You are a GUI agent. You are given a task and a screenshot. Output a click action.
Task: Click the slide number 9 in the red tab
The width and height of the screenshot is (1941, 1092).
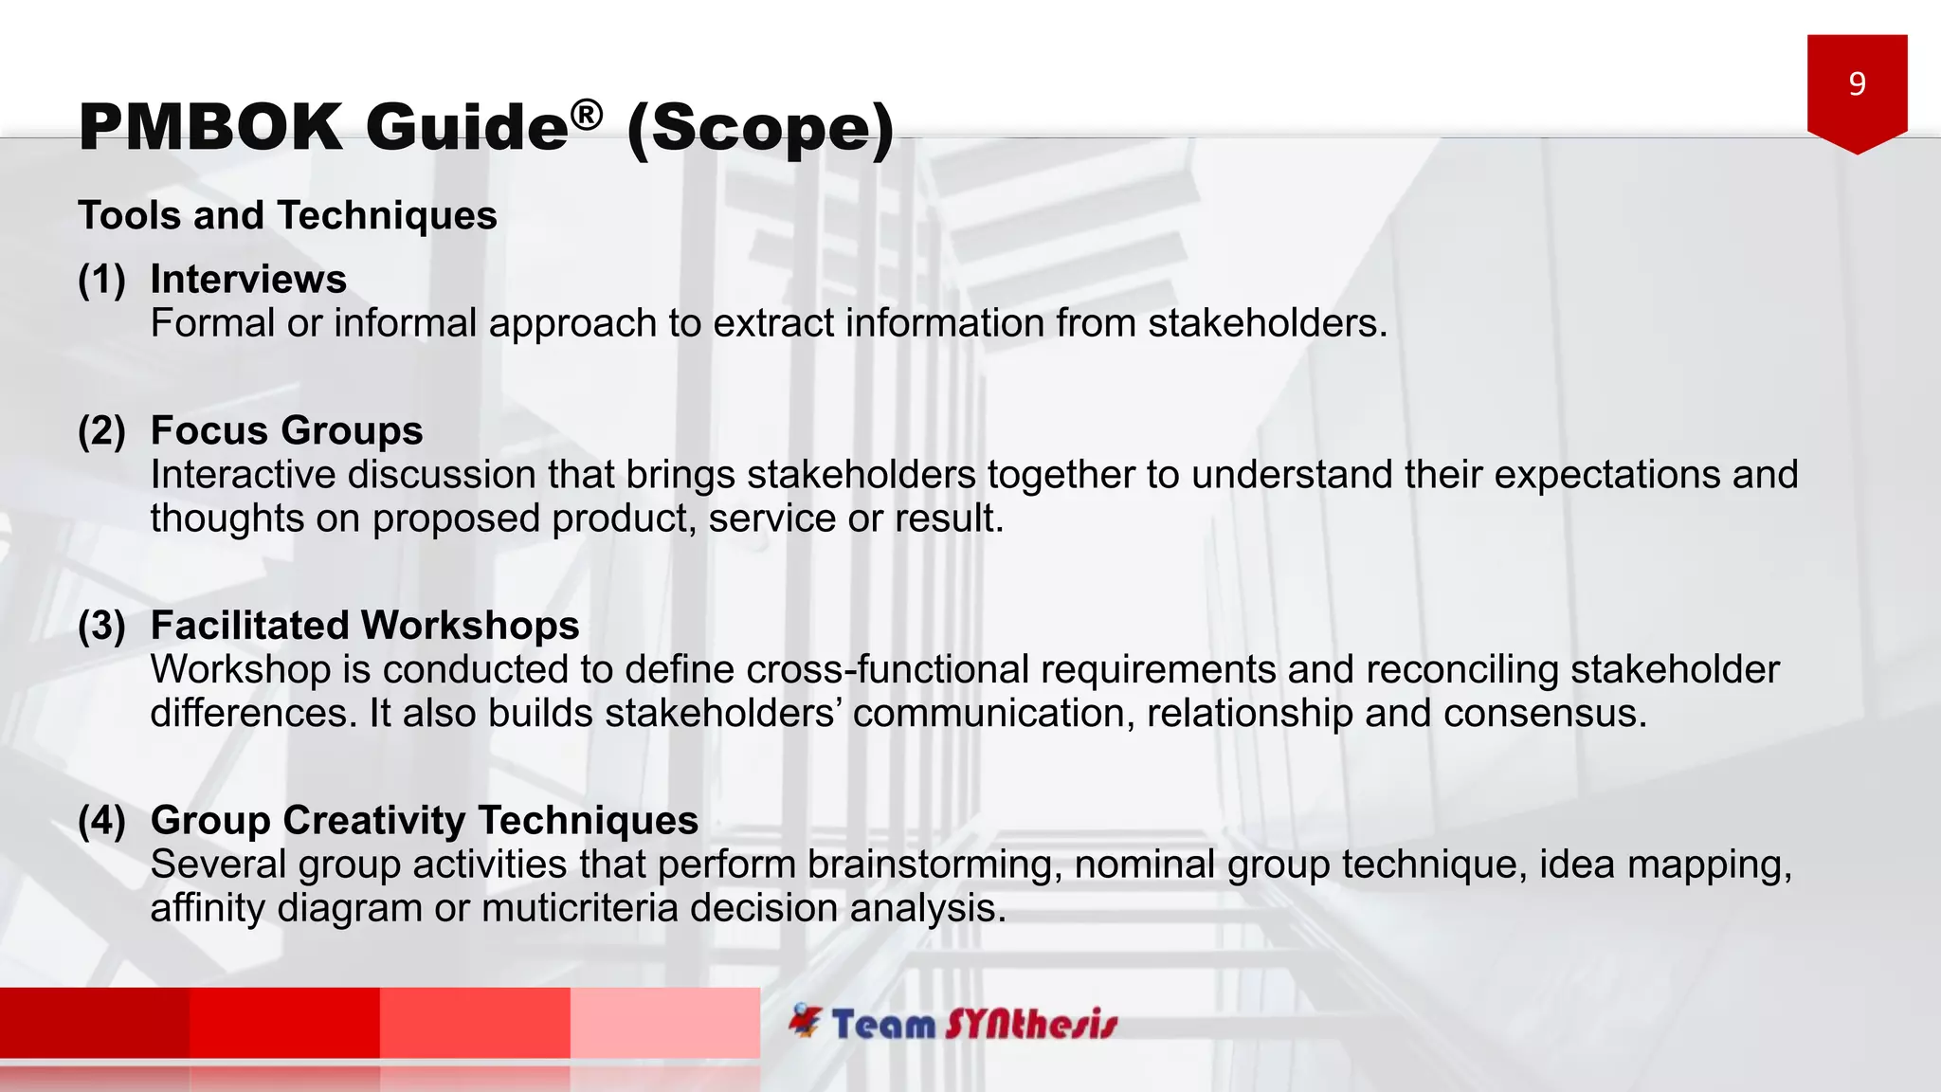point(1857,84)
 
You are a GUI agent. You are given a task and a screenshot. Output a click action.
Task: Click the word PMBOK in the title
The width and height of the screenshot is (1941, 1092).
point(210,127)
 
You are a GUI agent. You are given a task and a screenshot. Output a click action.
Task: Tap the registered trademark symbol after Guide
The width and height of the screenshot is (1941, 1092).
point(587,115)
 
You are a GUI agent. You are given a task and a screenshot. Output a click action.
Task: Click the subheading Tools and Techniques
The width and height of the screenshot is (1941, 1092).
point(287,215)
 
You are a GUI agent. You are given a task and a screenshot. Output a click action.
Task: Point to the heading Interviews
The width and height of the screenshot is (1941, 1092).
point(248,279)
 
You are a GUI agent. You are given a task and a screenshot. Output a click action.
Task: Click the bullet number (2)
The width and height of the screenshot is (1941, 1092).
point(101,430)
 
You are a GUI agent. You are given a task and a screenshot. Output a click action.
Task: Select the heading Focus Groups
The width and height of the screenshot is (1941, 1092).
point(286,430)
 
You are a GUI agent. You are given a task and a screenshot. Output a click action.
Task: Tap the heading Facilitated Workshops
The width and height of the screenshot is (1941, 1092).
point(365,626)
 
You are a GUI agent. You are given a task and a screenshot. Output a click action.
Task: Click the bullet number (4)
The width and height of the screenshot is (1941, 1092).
point(101,820)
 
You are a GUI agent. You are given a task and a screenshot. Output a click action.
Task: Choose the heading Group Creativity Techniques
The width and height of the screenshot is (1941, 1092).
point(424,820)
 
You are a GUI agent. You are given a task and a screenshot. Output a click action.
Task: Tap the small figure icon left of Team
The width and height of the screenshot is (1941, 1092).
point(806,1021)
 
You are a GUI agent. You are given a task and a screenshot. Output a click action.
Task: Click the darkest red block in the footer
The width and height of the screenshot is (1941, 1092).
point(95,1022)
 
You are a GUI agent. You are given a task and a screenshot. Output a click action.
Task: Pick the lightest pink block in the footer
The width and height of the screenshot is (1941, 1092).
point(664,1022)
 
